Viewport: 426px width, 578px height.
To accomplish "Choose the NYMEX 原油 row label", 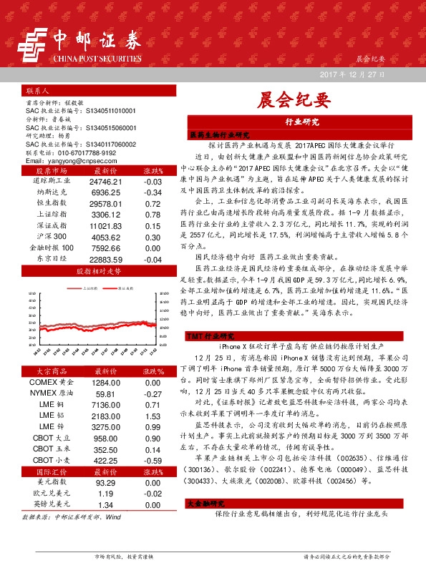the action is tap(52, 393).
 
